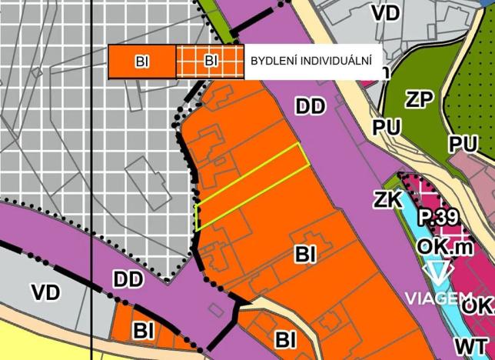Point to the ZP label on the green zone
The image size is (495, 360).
[420, 98]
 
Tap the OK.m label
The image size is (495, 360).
[440, 246]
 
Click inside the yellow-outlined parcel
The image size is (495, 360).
[254, 185]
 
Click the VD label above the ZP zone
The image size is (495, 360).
[384, 13]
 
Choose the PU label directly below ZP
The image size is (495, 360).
[388, 127]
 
